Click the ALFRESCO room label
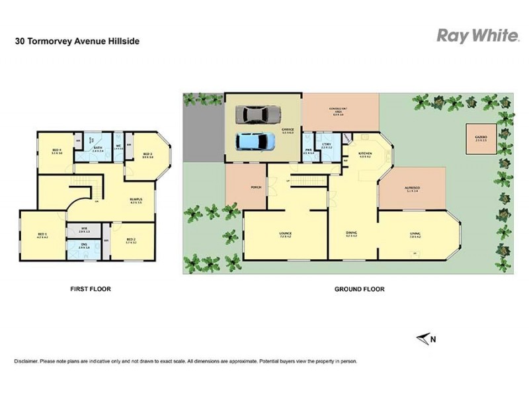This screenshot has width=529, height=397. point(413,188)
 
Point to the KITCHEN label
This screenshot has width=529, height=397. point(365,154)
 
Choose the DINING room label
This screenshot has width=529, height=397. point(352,233)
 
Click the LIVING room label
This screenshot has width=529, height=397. point(415,233)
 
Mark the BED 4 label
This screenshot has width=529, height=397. point(57,150)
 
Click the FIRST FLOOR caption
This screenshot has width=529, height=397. point(91,289)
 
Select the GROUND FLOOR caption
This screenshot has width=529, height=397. point(360,289)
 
